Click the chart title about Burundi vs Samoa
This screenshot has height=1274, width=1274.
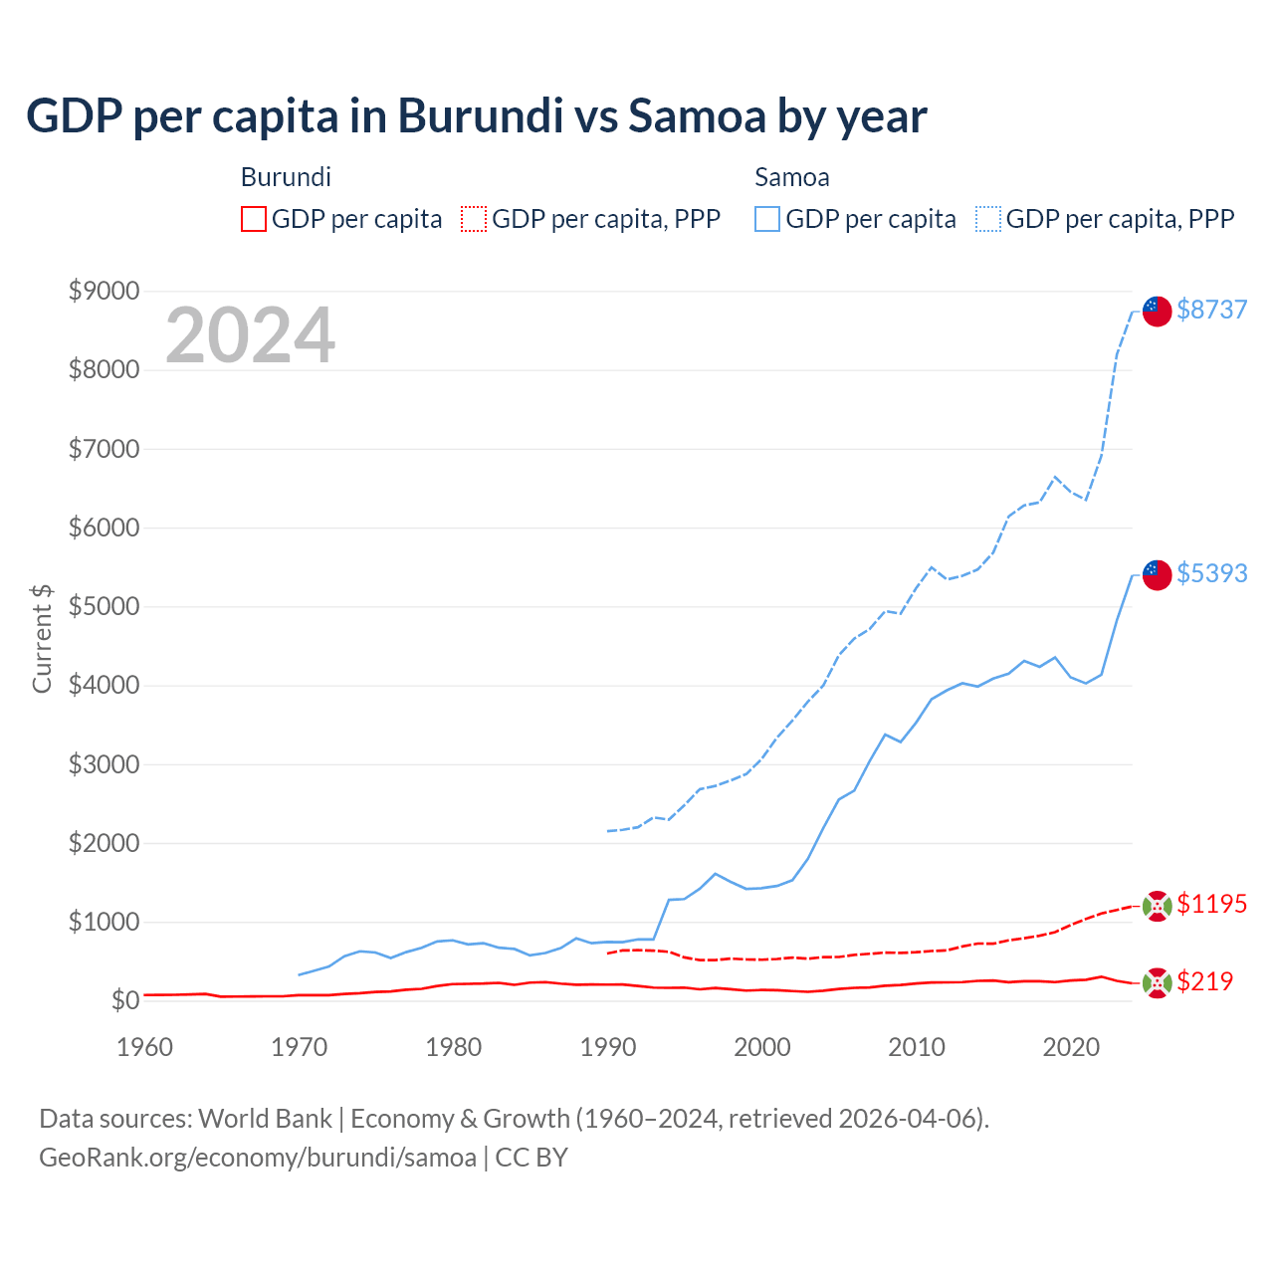[x=476, y=116]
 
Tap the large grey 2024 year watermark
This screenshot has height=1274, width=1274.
[x=250, y=335]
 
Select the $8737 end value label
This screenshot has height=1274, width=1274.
[x=1211, y=310]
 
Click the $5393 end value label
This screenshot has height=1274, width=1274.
[x=1211, y=573]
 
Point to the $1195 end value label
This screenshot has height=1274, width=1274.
[x=1211, y=904]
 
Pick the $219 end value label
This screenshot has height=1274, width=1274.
[x=1204, y=981]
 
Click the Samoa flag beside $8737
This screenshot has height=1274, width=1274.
[x=1157, y=311]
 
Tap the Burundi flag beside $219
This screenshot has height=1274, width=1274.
[x=1157, y=983]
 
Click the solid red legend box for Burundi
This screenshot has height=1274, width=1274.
[x=254, y=219]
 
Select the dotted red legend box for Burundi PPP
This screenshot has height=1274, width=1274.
[x=474, y=219]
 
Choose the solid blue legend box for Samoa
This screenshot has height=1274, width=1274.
[x=767, y=219]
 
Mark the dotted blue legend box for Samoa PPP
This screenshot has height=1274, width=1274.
[x=988, y=219]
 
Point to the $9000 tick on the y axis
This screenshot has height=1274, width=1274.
[x=104, y=291]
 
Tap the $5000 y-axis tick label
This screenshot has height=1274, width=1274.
[x=104, y=606]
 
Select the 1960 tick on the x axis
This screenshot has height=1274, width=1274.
[x=145, y=1047]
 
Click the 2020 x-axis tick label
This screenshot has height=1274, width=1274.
[x=1071, y=1047]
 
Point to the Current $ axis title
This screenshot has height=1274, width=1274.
[x=42, y=639]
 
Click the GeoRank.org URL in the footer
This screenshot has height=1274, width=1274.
[x=258, y=1158]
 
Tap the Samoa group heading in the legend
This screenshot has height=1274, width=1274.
[x=791, y=177]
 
